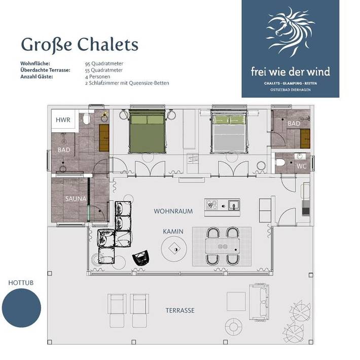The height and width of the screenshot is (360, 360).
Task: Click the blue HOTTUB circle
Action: pyautogui.click(x=21, y=308)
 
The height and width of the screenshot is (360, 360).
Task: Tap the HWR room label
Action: pyautogui.click(x=64, y=120)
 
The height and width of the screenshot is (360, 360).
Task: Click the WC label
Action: pyautogui.click(x=301, y=166)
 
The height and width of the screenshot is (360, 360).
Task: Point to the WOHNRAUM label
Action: pyautogui.click(x=173, y=211)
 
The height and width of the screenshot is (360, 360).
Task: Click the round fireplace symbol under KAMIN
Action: pyautogui.click(x=174, y=249)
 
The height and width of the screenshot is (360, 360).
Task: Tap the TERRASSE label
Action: pyautogui.click(x=180, y=310)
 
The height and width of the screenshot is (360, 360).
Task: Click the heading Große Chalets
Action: pyautogui.click(x=79, y=45)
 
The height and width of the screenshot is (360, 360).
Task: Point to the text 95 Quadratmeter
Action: pyautogui.click(x=104, y=63)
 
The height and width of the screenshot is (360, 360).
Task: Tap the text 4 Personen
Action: pyautogui.click(x=98, y=76)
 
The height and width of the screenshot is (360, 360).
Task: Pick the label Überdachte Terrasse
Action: pyautogui.click(x=45, y=69)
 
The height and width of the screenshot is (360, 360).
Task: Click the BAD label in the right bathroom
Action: pyautogui.click(x=294, y=123)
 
